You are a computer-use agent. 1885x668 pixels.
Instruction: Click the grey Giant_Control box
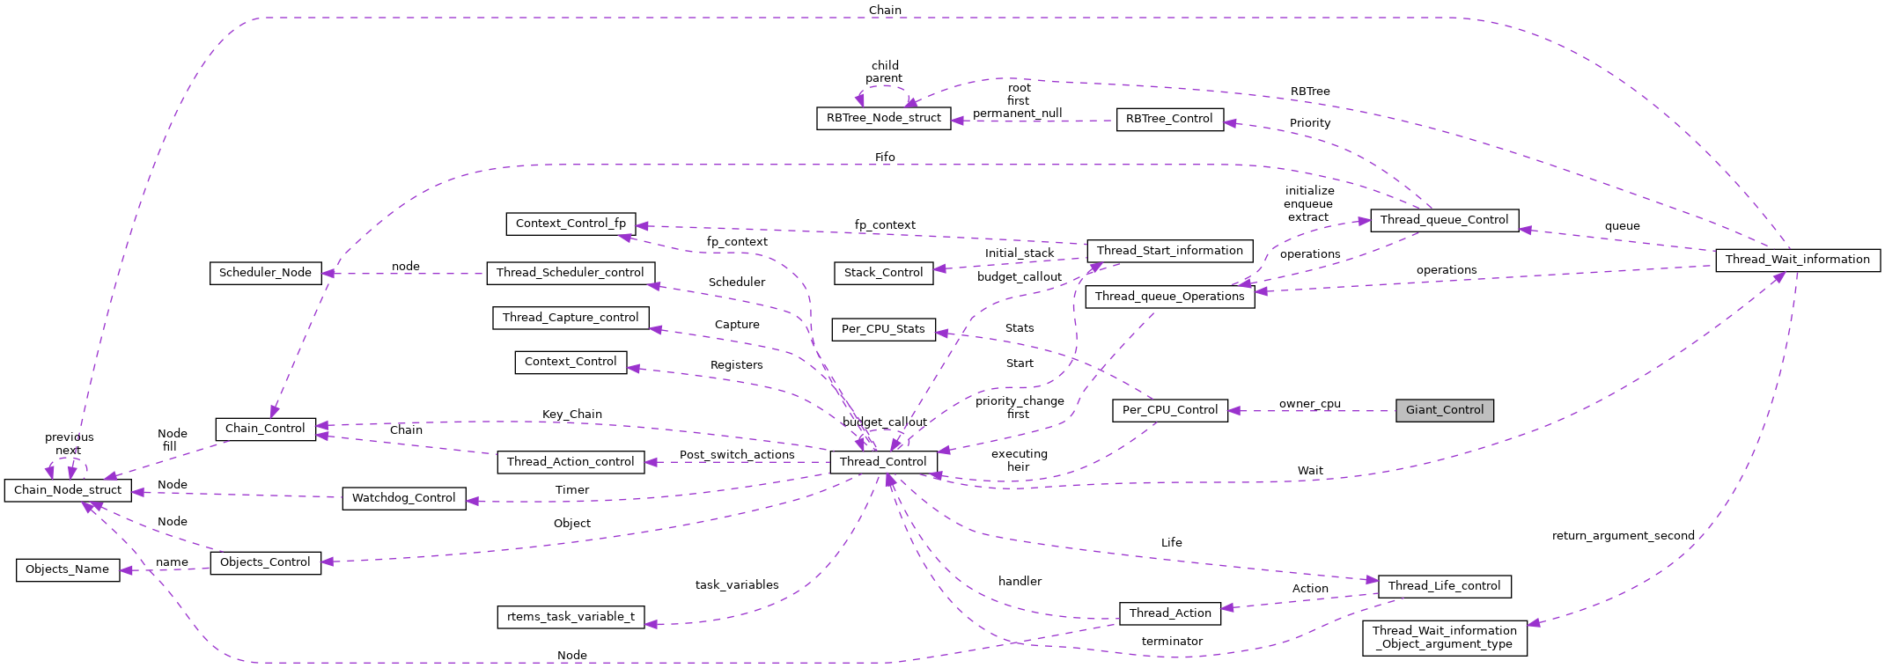point(1444,410)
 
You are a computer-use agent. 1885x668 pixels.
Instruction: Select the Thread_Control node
point(883,462)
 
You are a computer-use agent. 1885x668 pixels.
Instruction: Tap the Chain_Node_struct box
point(68,490)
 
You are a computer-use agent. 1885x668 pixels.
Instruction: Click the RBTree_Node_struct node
point(883,118)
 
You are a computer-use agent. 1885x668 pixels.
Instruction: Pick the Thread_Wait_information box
point(1797,260)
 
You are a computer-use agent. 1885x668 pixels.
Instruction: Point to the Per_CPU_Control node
point(1169,410)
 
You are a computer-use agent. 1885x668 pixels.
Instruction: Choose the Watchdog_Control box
point(403,498)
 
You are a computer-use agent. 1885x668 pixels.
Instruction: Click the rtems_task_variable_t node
point(571,617)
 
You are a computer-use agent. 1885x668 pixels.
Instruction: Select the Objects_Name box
point(68,569)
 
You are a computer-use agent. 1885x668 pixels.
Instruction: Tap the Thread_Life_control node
point(1444,586)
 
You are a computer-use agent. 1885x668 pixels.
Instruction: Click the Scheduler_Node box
point(265,273)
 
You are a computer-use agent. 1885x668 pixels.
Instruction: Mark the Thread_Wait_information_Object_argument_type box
point(1444,637)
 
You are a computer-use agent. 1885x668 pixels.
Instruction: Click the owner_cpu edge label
point(1309,404)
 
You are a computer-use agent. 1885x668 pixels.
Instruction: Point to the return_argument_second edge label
point(1623,536)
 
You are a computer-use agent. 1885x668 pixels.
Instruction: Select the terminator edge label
point(1171,642)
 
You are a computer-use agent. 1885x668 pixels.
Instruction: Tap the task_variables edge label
point(736,585)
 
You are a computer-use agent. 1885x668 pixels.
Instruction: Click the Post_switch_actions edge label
point(736,455)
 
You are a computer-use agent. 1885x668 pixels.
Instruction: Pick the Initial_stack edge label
point(1019,253)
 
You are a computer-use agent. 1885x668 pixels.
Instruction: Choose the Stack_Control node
point(883,273)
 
